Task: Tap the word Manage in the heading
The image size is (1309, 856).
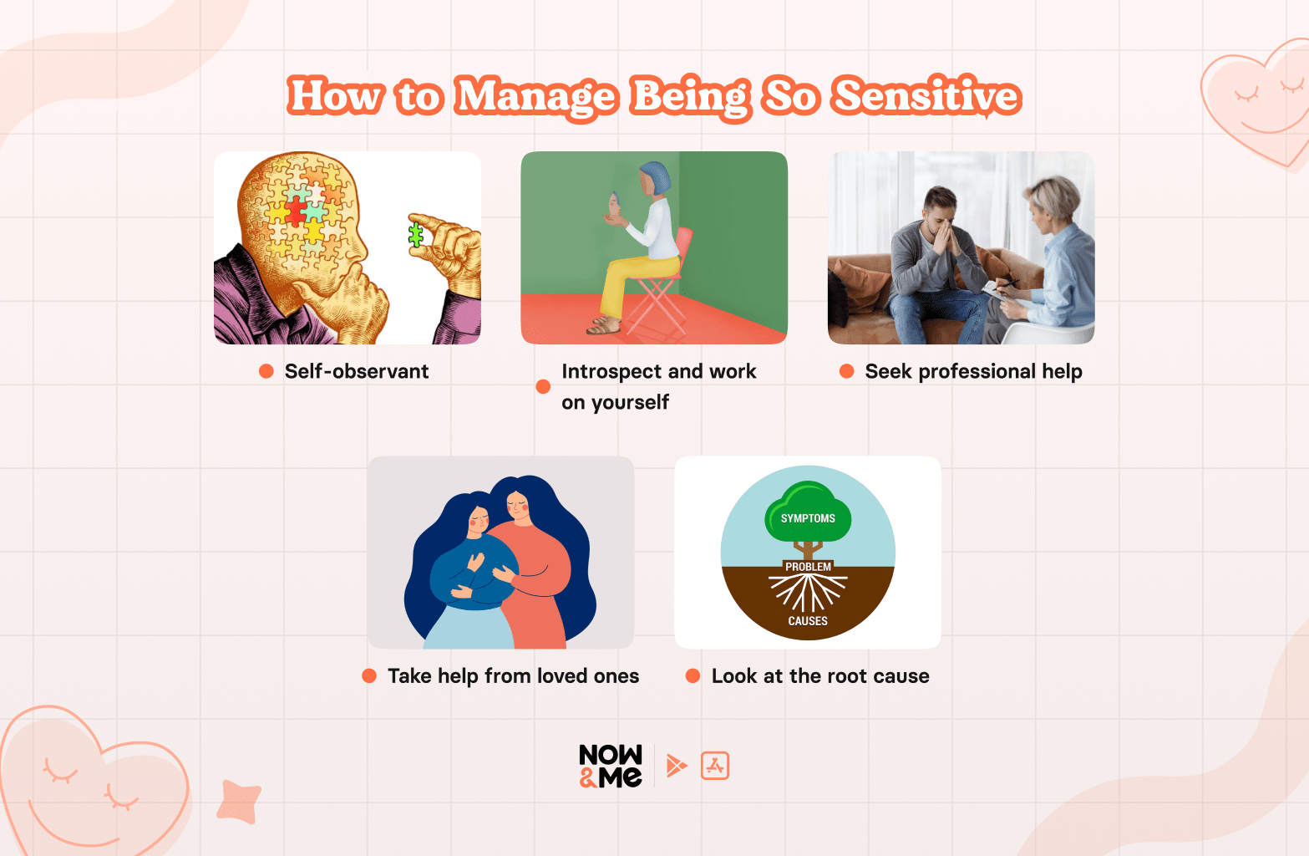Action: pos(536,97)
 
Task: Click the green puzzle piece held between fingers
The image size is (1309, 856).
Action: pos(415,235)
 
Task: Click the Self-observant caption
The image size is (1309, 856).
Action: pos(356,371)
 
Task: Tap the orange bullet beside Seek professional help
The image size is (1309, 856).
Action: pos(846,371)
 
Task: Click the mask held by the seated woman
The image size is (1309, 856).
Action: pos(615,206)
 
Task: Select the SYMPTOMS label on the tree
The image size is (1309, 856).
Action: pos(808,518)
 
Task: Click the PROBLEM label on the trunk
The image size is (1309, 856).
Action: pos(808,567)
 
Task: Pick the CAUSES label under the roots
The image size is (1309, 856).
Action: pos(808,621)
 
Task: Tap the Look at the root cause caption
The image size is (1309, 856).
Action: pos(819,675)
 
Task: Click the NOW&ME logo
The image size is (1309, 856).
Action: pos(611,766)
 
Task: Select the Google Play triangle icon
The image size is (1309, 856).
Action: pos(676,765)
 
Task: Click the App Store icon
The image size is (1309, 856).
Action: pos(715,766)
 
